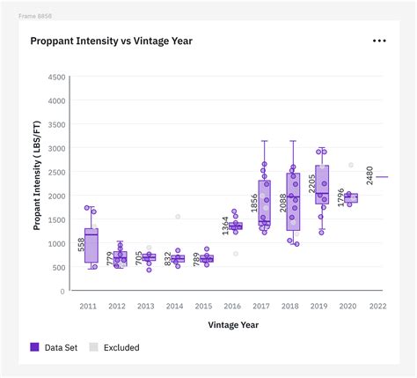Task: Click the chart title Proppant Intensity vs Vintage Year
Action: click(x=111, y=41)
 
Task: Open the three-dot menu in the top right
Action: click(x=379, y=41)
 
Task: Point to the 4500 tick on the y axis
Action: click(x=56, y=78)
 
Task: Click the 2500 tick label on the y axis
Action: click(x=56, y=173)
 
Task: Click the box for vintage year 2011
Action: click(x=91, y=245)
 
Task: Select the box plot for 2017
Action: click(x=264, y=204)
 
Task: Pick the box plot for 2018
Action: click(x=293, y=202)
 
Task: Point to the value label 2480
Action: click(x=370, y=175)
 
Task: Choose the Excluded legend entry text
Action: click(x=121, y=348)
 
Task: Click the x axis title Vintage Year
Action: click(x=233, y=324)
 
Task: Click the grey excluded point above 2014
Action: click(x=178, y=216)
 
